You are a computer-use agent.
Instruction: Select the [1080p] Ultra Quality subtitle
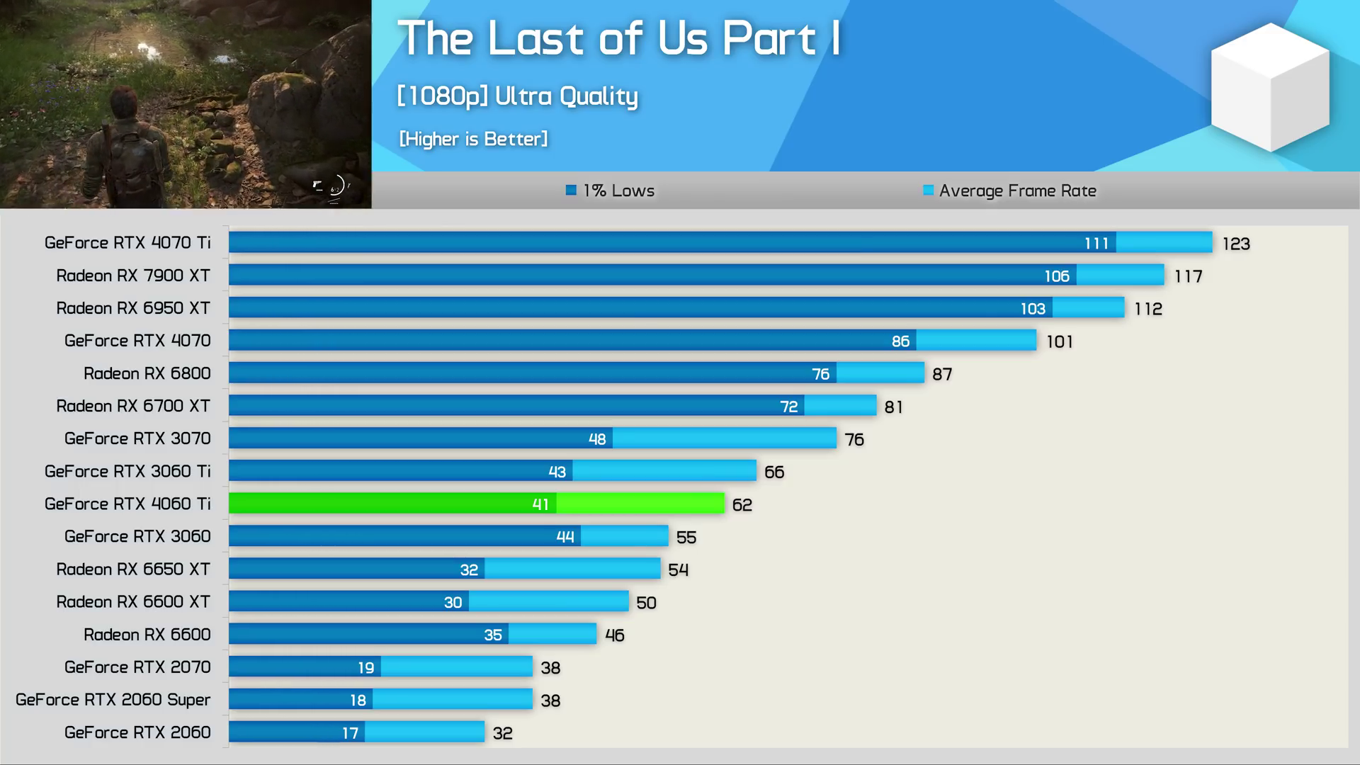(x=517, y=96)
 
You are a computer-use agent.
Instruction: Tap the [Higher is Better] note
(x=473, y=139)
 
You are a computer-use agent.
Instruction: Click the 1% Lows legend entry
(x=611, y=191)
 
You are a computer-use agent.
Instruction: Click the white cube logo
(x=1269, y=87)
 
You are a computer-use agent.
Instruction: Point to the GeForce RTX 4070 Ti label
(x=127, y=243)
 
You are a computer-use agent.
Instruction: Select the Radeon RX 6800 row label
(x=147, y=373)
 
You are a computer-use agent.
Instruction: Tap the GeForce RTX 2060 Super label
(x=113, y=700)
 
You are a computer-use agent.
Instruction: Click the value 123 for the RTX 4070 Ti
(x=1236, y=244)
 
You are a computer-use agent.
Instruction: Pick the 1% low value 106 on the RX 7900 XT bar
(x=1056, y=276)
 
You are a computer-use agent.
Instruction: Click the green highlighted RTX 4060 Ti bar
(x=476, y=504)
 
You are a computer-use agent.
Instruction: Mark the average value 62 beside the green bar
(x=742, y=505)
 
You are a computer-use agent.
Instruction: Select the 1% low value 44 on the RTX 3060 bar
(x=565, y=537)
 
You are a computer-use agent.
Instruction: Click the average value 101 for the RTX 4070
(x=1060, y=342)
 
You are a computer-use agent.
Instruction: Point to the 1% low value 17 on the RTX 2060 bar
(x=350, y=733)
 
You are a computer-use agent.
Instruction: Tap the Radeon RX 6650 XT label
(x=133, y=569)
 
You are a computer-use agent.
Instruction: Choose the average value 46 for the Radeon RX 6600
(x=614, y=635)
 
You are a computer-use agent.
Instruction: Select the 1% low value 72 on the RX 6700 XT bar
(x=788, y=407)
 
